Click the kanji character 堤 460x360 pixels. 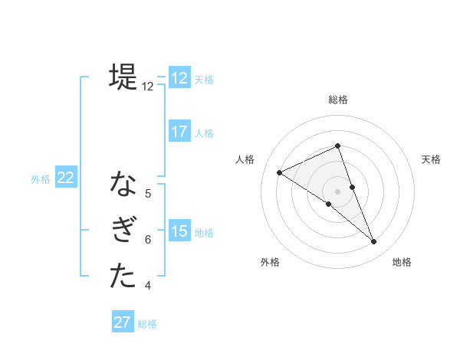(123, 77)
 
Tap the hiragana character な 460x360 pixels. (123, 184)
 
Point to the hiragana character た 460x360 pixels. (123, 276)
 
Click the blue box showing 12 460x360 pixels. (179, 78)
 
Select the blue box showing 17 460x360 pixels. (179, 132)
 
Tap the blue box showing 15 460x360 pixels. (179, 231)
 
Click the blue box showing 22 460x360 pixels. (65, 178)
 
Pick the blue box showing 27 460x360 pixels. (123, 322)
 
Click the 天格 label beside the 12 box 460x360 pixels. (204, 80)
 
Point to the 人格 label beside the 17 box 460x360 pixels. (204, 133)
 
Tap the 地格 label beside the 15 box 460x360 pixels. (204, 233)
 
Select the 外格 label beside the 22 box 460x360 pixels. (41, 180)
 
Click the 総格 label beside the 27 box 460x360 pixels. (147, 324)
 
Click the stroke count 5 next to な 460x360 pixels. (148, 194)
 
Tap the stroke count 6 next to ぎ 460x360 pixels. (148, 240)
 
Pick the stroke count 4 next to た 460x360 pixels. (148, 286)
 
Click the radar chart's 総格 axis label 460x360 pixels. (338, 100)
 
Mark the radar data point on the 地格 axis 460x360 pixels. (374, 242)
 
